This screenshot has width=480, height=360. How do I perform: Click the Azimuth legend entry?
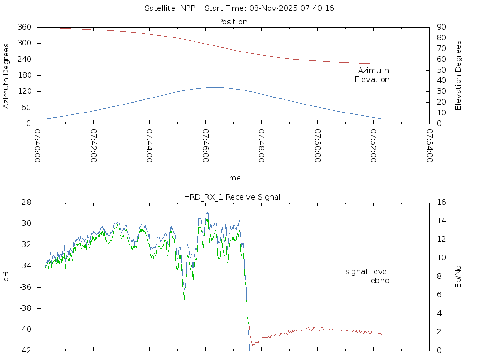coord(374,71)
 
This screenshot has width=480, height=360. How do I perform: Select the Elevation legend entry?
coord(372,80)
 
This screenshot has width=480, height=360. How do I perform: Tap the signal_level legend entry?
coord(367,272)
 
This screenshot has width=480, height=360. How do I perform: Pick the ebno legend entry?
coord(380,281)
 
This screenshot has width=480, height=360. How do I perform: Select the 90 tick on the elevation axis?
coord(441,27)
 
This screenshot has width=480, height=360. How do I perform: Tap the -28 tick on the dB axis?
coord(24,202)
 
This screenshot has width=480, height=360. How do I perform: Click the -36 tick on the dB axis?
coord(24,287)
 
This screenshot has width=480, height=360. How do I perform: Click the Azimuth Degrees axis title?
coord(7,75)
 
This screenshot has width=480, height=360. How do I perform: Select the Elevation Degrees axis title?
coord(458,75)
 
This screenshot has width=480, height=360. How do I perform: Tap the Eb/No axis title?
coord(458,277)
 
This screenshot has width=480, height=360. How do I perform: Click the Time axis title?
coord(232,178)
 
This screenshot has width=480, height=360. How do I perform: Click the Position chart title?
coord(233,22)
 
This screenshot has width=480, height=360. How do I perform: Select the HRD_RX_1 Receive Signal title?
coord(232,197)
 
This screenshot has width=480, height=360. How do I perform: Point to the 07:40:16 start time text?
coord(319,8)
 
